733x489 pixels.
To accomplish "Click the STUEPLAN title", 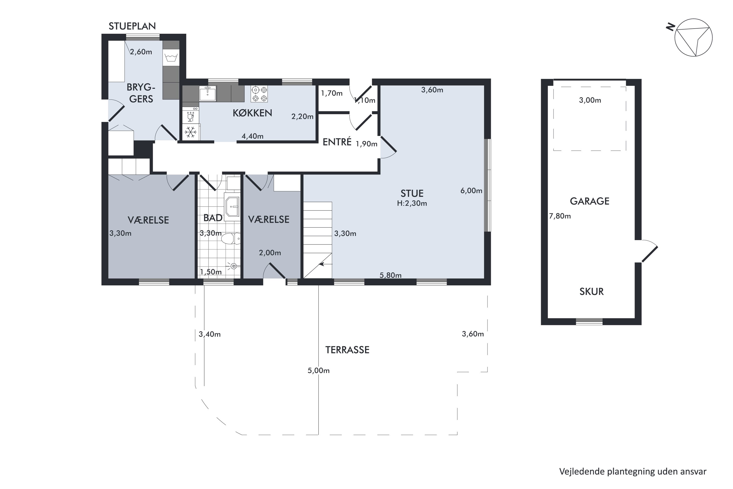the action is coord(132,26).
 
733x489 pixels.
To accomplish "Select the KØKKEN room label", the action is coord(252,113).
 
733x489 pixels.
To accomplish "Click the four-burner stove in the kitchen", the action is coord(259,94).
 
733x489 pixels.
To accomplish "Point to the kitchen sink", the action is coord(207,94).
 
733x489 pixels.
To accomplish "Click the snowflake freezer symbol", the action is coord(191,132).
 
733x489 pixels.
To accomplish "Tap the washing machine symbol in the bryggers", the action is coord(171,58).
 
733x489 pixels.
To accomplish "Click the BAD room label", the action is coord(213,218).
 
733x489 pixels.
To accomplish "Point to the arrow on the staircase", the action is coord(326,264).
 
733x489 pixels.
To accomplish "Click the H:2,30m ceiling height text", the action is coord(412,203).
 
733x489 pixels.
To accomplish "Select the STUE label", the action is coord(412,193).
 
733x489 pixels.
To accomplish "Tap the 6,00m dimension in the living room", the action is coord(471,190).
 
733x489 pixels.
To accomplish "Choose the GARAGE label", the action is coord(590,201).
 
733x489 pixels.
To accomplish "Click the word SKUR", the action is coord(592,292).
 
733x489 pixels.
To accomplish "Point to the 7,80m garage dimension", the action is coord(560,216).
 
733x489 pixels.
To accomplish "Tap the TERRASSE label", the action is coord(347,350).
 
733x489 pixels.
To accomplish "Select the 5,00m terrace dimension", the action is coord(319,370).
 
